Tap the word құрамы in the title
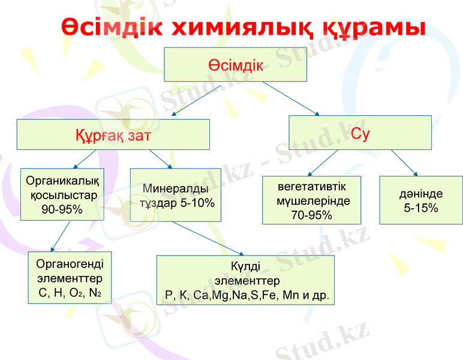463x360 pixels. [x=371, y=28]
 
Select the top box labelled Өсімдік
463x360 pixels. [x=235, y=65]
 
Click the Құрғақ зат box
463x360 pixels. [x=113, y=134]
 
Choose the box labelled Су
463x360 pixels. [x=360, y=133]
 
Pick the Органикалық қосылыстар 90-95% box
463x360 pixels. [x=62, y=194]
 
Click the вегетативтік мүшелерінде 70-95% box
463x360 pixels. [x=312, y=200]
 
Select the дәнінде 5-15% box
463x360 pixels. [x=421, y=200]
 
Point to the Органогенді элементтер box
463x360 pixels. [x=70, y=278]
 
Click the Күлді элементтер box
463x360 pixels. [x=246, y=280]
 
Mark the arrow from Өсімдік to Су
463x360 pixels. [x=291, y=98]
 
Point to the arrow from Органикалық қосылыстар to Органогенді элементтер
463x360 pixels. [x=61, y=236]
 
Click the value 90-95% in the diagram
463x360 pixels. [x=62, y=209]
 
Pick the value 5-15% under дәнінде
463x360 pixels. [x=421, y=208]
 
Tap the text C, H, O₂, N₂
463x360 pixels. [x=70, y=293]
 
